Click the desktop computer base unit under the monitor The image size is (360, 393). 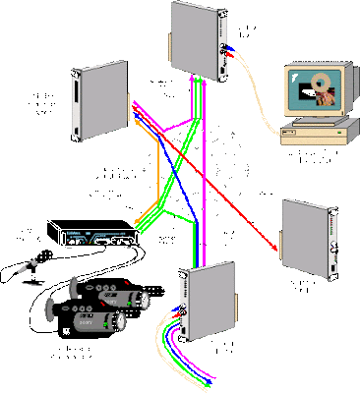tap(314, 135)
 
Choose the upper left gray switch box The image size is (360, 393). tap(100, 99)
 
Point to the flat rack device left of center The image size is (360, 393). tap(96, 237)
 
